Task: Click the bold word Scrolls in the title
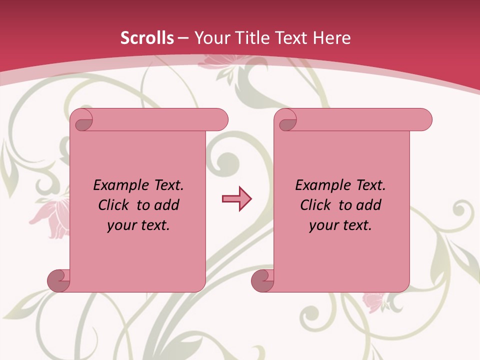[147, 38]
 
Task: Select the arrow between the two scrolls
[236, 199]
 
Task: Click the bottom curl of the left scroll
[57, 280]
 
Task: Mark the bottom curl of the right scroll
[261, 280]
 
